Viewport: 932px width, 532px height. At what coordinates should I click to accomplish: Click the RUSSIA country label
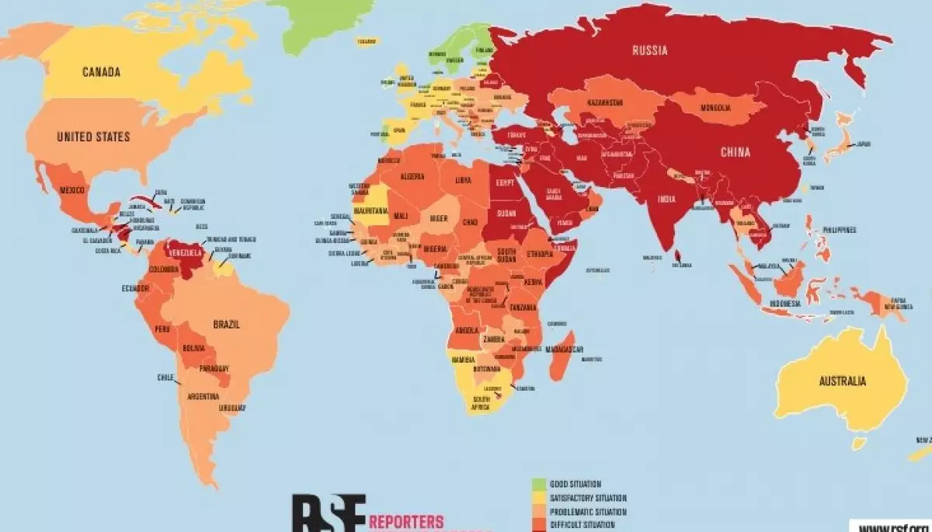point(649,51)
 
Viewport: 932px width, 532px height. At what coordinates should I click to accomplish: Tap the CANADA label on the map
point(102,72)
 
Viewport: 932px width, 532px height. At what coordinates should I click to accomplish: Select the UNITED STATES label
point(93,137)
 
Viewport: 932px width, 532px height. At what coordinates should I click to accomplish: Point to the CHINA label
point(735,152)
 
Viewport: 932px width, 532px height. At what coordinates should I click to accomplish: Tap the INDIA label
point(666,199)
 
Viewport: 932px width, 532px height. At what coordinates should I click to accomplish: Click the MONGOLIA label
point(715,109)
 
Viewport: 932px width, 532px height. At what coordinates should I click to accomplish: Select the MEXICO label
point(72,190)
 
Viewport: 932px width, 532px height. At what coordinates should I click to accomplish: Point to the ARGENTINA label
point(203,396)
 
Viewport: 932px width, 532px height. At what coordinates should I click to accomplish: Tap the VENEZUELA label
point(186,252)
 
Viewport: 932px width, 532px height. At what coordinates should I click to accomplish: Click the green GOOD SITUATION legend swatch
point(538,484)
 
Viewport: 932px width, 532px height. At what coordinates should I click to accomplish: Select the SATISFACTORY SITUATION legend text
point(588,498)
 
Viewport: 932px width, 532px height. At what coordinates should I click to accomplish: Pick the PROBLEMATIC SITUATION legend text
point(588,512)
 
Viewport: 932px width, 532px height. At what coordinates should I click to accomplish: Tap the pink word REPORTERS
point(408,520)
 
